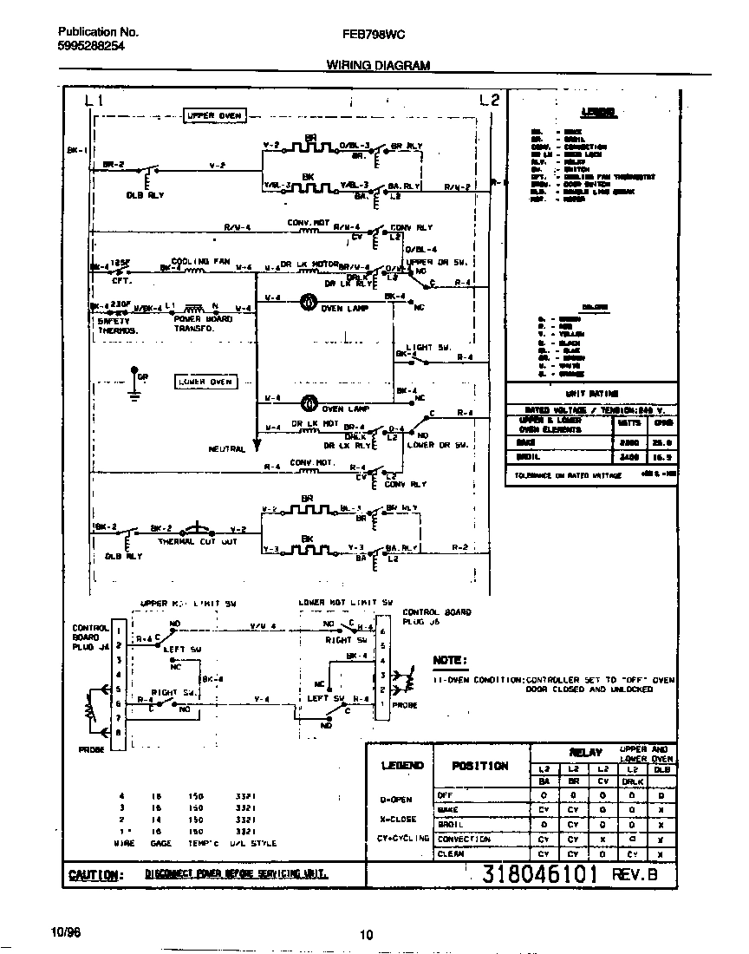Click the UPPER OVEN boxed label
click(214, 114)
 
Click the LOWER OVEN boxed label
click(205, 381)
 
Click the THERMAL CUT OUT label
click(198, 541)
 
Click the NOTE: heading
click(449, 661)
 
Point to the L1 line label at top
click(94, 100)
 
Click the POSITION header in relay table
click(479, 766)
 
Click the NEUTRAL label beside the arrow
click(227, 449)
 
